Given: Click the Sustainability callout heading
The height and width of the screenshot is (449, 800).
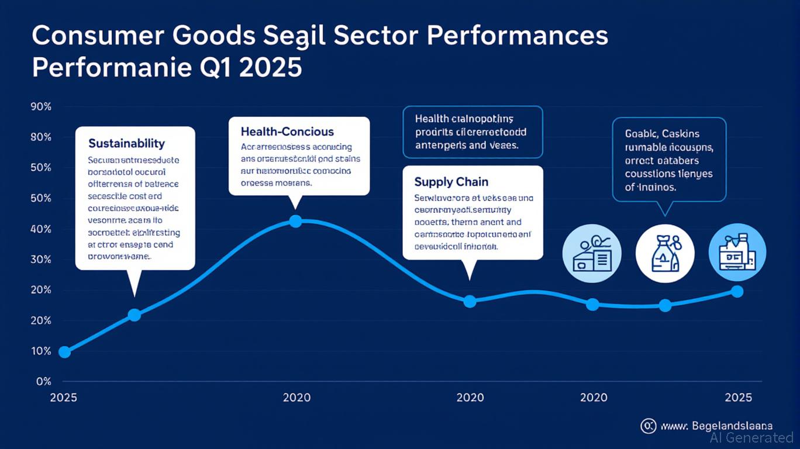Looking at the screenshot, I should point(126,143).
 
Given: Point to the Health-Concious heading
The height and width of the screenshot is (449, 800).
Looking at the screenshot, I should point(287,132).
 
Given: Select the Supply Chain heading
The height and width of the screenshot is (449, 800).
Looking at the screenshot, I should point(451,182).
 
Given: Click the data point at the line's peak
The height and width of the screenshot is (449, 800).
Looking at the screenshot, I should point(296,221).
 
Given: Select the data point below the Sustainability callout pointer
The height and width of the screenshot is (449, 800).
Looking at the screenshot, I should point(134,315).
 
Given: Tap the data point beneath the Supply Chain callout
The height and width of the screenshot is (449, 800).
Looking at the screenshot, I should point(470,302).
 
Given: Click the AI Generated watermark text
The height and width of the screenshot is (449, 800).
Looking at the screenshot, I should point(751,437).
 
